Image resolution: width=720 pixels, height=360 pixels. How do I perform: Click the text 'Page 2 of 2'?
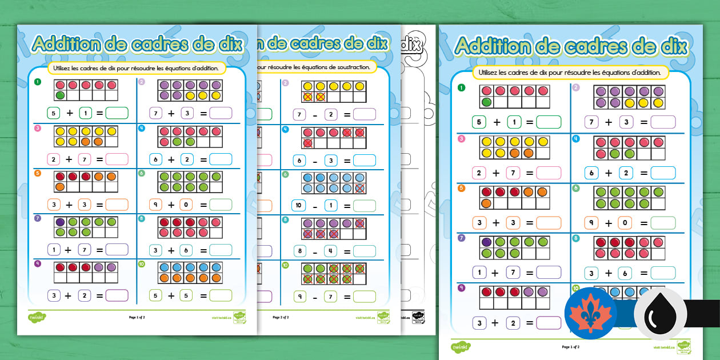281,317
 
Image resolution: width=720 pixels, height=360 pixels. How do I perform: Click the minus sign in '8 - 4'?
315,251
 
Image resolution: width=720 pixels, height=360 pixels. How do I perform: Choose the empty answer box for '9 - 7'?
364,296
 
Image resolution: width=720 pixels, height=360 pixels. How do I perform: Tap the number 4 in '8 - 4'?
330,251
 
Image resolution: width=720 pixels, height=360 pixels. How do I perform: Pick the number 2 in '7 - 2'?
330,114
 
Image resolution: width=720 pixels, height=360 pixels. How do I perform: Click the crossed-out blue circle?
360,189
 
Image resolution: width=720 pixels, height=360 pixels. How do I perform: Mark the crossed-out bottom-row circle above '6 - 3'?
307,143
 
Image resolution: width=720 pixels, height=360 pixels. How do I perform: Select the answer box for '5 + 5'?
220,295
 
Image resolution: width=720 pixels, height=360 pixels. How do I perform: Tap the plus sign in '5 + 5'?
171,296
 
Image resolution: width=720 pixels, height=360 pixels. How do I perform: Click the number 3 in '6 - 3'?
330,160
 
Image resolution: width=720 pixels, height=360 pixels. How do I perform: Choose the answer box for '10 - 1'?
364,205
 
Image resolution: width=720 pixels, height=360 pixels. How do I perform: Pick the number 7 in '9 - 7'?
330,296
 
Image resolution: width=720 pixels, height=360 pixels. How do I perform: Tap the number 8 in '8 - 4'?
299,251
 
